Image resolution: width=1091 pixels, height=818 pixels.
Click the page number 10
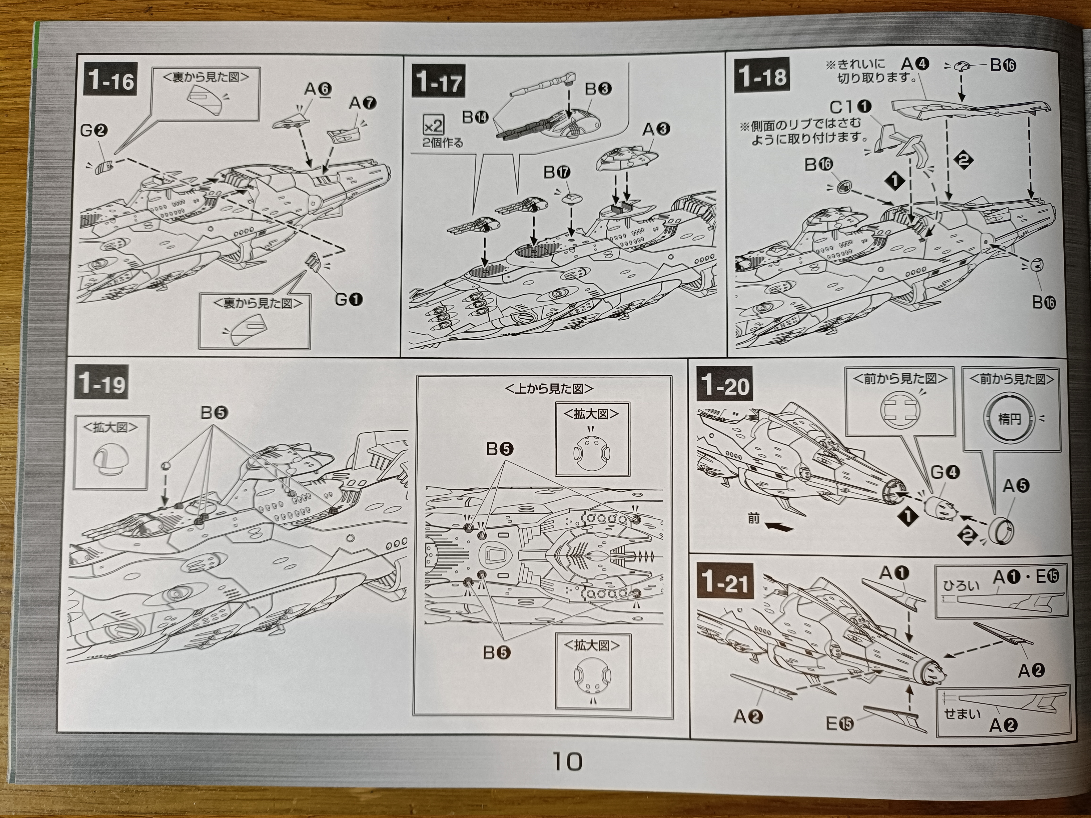click(x=567, y=762)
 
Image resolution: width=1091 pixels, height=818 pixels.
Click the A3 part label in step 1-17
click(x=656, y=129)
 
